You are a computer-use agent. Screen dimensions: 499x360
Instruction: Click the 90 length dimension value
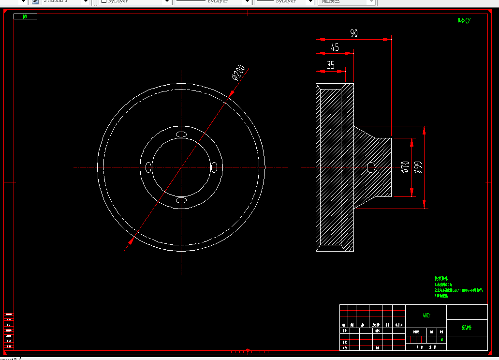coord(354,33)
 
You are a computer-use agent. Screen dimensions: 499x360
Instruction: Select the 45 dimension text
coord(335,47)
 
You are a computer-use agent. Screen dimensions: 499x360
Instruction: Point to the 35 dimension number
coord(331,65)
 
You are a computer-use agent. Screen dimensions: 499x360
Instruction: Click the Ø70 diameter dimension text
coord(405,167)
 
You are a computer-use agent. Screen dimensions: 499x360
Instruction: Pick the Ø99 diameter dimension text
coord(418,167)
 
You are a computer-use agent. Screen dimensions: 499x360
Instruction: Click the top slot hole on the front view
coord(181,134)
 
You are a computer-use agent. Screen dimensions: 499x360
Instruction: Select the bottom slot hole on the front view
coord(181,200)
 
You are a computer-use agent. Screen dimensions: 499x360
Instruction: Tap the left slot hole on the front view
coord(148,167)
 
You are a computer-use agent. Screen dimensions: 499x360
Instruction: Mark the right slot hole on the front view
coord(214,167)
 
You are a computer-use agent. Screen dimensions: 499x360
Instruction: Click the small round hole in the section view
coord(371,167)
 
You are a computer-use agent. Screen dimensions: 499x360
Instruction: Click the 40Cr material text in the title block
coord(426,315)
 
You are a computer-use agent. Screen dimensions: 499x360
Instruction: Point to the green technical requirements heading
coord(441,278)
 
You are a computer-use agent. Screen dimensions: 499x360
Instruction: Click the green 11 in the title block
coord(442,340)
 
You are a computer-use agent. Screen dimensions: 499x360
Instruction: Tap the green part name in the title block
coord(467,328)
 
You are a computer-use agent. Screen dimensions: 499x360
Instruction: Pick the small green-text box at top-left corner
coord(26,16)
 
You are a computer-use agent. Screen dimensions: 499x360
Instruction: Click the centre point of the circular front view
coord(181,167)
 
